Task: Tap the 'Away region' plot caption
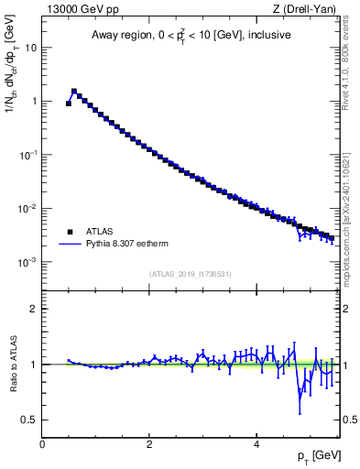pyautogui.click(x=191, y=36)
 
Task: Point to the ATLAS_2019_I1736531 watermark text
pyautogui.click(x=191, y=274)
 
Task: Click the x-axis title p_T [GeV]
pyautogui.click(x=313, y=455)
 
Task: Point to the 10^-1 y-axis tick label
pyautogui.click(x=28, y=155)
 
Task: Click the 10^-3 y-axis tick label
pyautogui.click(x=28, y=262)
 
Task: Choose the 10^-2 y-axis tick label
pyautogui.click(x=28, y=209)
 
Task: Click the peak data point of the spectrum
pyautogui.click(x=74, y=92)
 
